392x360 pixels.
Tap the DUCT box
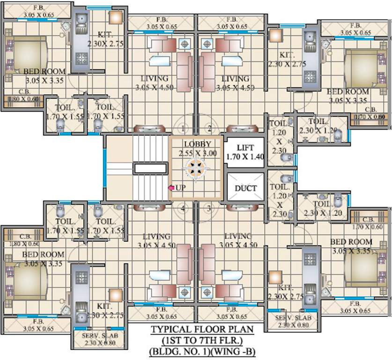[x=245, y=188]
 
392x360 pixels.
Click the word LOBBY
[x=197, y=144]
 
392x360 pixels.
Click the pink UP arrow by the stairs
[x=172, y=188]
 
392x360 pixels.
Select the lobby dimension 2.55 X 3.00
[x=197, y=153]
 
